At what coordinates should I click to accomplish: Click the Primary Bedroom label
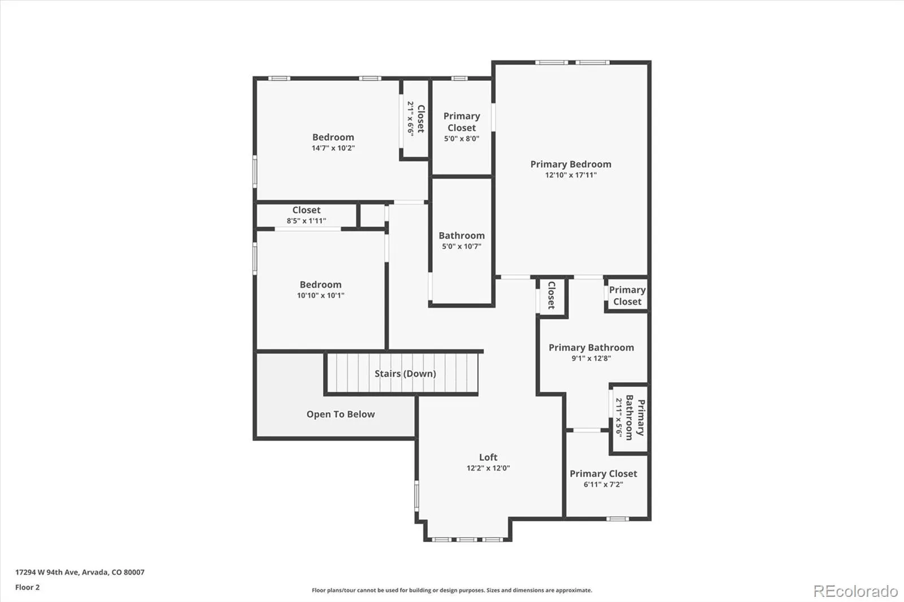pyautogui.click(x=571, y=164)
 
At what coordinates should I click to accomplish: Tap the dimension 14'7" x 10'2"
pyautogui.click(x=333, y=148)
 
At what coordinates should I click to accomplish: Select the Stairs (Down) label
pyautogui.click(x=405, y=373)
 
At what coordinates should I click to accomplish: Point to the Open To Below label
pyautogui.click(x=340, y=414)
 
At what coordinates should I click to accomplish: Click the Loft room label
pyautogui.click(x=488, y=457)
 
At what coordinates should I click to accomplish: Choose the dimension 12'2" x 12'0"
pyautogui.click(x=488, y=468)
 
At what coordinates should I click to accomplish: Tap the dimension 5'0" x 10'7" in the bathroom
pyautogui.click(x=462, y=246)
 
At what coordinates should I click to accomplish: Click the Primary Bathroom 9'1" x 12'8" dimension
pyautogui.click(x=591, y=358)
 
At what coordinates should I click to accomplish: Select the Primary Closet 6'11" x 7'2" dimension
pyautogui.click(x=603, y=485)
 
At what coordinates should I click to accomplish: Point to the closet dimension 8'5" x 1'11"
pyautogui.click(x=306, y=221)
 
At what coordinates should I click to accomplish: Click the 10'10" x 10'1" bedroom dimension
pyautogui.click(x=320, y=295)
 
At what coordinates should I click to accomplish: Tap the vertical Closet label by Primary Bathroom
pyautogui.click(x=551, y=295)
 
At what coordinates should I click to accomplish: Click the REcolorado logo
pyautogui.click(x=855, y=591)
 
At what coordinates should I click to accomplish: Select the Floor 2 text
pyautogui.click(x=27, y=587)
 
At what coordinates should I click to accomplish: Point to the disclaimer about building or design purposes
pyautogui.click(x=452, y=590)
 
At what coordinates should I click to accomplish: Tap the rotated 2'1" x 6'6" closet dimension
pyautogui.click(x=411, y=117)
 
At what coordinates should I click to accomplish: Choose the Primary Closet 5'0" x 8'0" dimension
pyautogui.click(x=462, y=138)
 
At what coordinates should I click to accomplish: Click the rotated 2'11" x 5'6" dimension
pyautogui.click(x=619, y=417)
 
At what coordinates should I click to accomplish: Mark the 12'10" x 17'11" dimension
pyautogui.click(x=571, y=175)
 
